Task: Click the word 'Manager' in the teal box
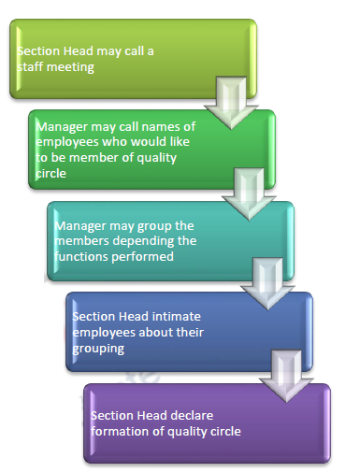[81, 226]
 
